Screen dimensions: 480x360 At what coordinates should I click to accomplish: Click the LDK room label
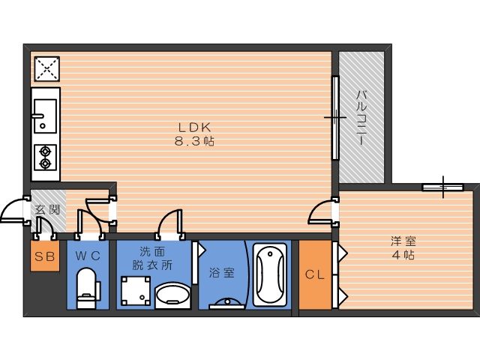click(195, 127)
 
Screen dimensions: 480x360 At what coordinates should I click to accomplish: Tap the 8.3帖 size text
click(194, 141)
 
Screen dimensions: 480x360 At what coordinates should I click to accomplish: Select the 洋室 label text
click(403, 241)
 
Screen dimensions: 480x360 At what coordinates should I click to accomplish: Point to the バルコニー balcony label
click(361, 118)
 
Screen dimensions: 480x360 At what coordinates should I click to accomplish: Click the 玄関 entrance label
click(47, 210)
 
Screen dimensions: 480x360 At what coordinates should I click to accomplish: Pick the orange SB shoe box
click(45, 256)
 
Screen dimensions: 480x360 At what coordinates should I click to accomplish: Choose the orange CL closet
click(315, 274)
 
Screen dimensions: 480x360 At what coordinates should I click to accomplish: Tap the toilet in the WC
click(87, 288)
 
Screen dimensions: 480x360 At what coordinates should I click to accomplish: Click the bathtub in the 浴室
click(270, 274)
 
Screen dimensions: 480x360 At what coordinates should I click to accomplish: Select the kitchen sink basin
click(45, 116)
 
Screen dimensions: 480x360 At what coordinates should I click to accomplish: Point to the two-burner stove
click(45, 157)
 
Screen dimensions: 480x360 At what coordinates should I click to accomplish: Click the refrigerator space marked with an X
click(46, 69)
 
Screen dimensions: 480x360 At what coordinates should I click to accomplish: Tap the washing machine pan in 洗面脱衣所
click(136, 291)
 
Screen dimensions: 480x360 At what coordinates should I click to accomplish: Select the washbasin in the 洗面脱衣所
click(172, 295)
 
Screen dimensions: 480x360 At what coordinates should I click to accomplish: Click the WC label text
click(88, 255)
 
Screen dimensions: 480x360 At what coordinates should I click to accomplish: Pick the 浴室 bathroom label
click(222, 272)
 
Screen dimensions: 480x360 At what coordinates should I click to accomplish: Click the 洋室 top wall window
click(442, 187)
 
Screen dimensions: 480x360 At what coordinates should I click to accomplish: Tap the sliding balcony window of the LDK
click(336, 118)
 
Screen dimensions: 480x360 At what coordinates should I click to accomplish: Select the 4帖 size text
click(403, 255)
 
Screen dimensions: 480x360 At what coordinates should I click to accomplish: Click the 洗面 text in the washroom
click(152, 252)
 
